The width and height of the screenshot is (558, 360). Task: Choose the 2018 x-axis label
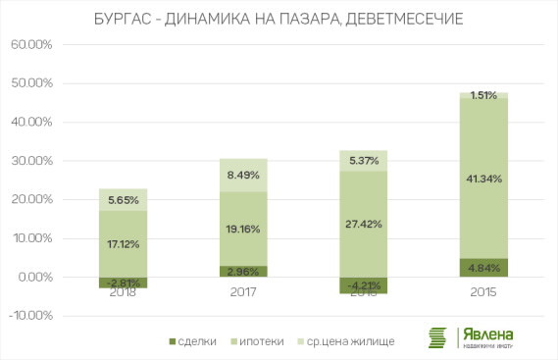124,291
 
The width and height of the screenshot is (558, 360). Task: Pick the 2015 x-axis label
482,291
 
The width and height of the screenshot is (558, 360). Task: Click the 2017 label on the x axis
242,291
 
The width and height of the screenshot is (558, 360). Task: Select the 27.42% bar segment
363,225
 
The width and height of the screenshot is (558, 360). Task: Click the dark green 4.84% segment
482,268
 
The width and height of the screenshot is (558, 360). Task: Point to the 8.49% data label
243,176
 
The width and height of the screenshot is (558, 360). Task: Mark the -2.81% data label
124,283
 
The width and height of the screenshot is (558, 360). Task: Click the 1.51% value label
482,95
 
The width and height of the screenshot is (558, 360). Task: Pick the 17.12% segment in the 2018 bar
124,243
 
